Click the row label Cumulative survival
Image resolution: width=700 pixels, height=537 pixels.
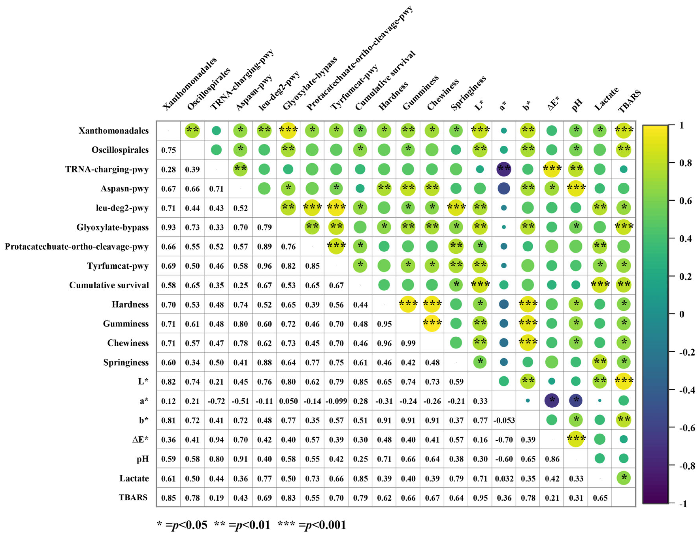tap(109, 285)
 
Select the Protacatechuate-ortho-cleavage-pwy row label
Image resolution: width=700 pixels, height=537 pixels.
tap(77, 246)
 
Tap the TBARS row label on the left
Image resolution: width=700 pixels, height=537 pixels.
tap(133, 497)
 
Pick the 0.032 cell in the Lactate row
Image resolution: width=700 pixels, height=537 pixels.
tap(504, 478)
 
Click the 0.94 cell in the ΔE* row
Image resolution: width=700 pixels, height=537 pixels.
tap(216, 440)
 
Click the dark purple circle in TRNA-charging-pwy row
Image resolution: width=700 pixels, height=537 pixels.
tap(504, 169)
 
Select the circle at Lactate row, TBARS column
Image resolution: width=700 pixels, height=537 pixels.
tap(624, 478)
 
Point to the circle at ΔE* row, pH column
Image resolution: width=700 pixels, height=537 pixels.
tap(576, 439)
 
